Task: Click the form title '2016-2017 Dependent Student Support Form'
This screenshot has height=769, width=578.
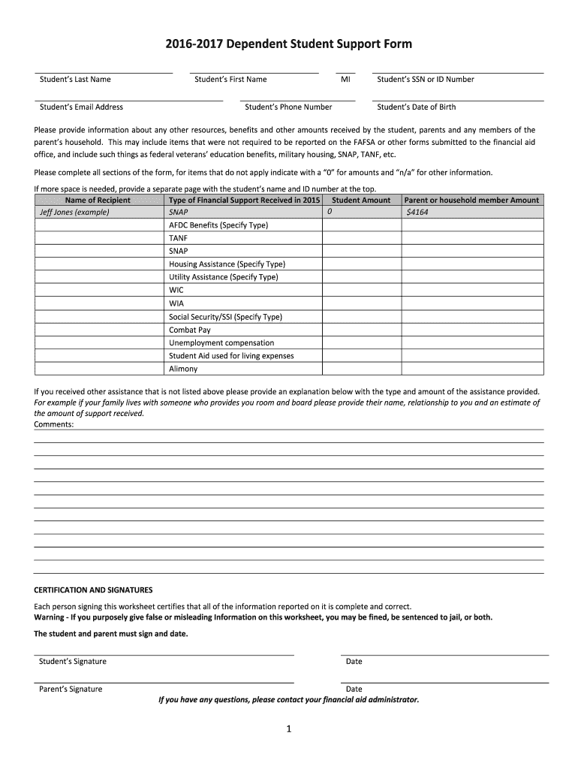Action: [288, 44]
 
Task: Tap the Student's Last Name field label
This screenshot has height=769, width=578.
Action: [75, 80]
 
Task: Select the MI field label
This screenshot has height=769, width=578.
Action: [345, 80]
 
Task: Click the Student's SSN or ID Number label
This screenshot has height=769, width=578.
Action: [425, 80]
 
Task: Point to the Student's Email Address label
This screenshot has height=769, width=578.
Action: [81, 107]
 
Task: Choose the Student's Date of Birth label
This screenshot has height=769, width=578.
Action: [416, 107]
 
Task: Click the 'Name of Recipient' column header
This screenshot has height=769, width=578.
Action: [98, 201]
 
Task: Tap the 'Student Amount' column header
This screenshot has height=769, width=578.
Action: [361, 201]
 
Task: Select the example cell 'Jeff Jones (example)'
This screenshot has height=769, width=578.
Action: [74, 213]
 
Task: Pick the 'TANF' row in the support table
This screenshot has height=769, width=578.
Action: [178, 238]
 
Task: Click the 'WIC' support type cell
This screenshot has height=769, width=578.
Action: [176, 290]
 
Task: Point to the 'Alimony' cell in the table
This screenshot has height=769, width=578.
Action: [183, 369]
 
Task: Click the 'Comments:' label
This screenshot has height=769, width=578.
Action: [54, 424]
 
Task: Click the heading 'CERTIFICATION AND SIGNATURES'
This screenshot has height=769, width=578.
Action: [93, 590]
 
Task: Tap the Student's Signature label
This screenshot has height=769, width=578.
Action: [73, 662]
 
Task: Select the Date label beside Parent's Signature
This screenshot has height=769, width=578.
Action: [354, 689]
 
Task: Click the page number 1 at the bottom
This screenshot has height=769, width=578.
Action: [288, 729]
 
